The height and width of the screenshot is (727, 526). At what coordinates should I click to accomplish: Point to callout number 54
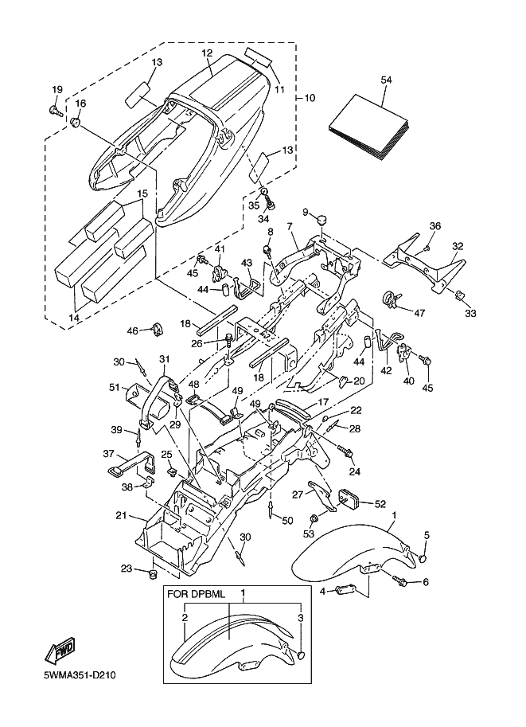(x=387, y=80)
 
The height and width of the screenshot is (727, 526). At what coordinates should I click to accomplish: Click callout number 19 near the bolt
(x=57, y=88)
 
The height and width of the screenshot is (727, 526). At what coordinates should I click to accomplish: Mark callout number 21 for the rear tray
(x=120, y=516)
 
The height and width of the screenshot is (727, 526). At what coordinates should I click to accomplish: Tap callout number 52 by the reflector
(x=380, y=504)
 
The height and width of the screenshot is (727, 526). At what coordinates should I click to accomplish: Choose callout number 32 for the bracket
(x=458, y=246)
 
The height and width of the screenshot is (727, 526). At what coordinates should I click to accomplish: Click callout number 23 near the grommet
(x=126, y=568)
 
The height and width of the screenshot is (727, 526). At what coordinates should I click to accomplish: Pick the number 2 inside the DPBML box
(x=184, y=617)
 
